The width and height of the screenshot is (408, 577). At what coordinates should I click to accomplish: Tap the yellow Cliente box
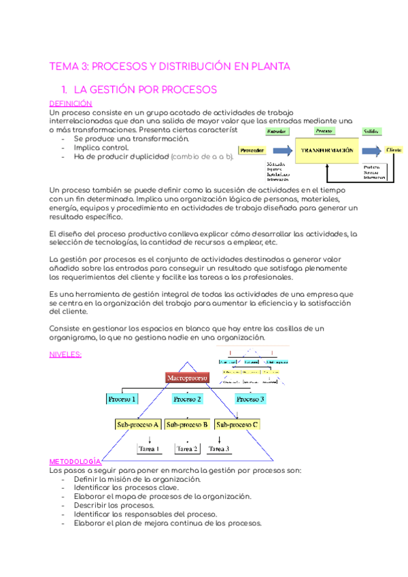pyautogui.click(x=393, y=150)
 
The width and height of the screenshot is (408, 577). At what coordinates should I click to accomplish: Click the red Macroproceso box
pyautogui.click(x=188, y=377)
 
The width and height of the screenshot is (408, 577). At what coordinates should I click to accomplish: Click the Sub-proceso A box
pyautogui.click(x=137, y=425)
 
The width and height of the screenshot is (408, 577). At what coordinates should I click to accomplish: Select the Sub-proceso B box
pyautogui.click(x=186, y=425)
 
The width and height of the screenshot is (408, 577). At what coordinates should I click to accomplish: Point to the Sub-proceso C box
pyautogui.click(x=237, y=425)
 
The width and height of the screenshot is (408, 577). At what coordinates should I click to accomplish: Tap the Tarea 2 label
pyautogui.click(x=186, y=449)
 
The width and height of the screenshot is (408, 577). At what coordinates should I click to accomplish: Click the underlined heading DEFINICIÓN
pyautogui.click(x=71, y=103)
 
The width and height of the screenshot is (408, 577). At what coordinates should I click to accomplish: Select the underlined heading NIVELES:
pyautogui.click(x=66, y=355)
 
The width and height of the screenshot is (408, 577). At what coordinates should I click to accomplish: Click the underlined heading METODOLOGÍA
pyautogui.click(x=75, y=461)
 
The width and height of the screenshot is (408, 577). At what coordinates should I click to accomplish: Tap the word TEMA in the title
pyautogui.click(x=65, y=67)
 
